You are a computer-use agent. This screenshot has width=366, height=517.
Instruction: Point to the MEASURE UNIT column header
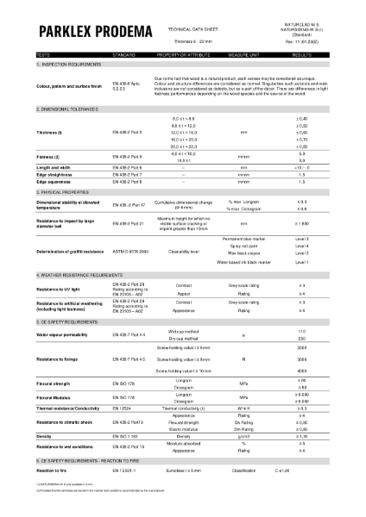point(244,55)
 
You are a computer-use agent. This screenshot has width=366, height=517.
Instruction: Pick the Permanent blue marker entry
point(242,237)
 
